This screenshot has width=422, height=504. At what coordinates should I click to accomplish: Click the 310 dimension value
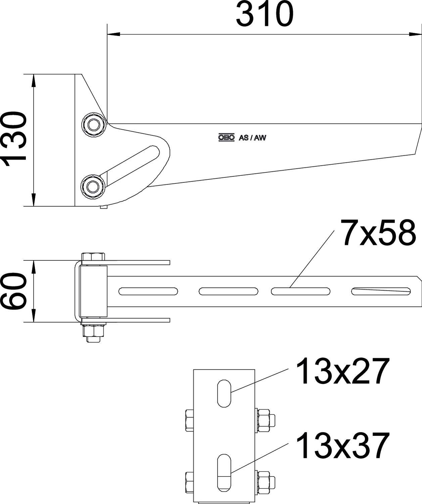(x=265, y=14)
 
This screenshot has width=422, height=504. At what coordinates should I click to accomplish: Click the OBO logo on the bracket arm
(x=226, y=137)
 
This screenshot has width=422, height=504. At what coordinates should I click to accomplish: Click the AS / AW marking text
(x=252, y=137)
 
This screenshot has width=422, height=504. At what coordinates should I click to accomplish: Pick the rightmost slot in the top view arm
(x=381, y=291)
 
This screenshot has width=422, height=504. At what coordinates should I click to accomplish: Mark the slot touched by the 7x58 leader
(x=300, y=291)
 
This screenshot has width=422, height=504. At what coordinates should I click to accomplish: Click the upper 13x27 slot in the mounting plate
(x=224, y=393)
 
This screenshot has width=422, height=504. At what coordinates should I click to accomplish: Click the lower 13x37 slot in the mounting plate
(x=224, y=472)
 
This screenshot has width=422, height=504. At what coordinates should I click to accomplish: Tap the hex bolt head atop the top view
(x=93, y=256)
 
